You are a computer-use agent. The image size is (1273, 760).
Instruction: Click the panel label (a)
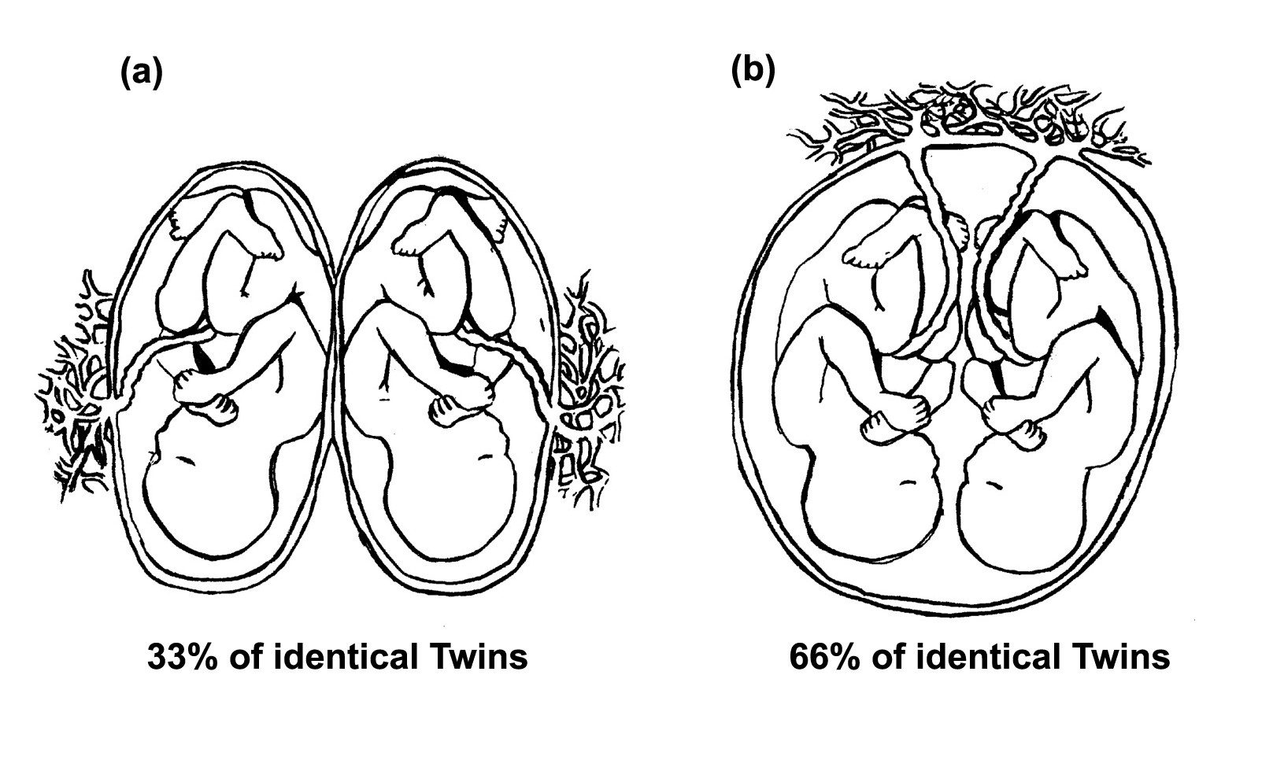point(142,73)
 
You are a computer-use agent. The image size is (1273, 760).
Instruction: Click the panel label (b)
point(753,71)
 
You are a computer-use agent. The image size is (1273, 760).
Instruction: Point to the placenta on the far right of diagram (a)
point(587,393)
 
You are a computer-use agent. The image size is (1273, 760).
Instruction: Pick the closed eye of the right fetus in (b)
point(994,485)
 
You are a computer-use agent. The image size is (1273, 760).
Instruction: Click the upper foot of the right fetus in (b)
point(1071,267)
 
